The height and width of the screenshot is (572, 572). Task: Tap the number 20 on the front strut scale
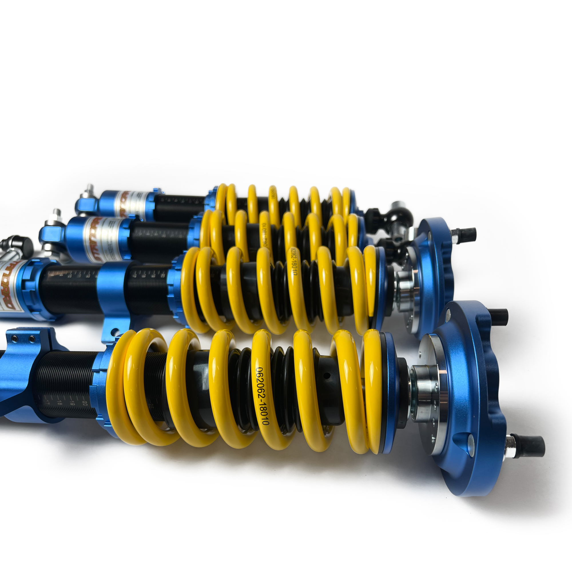coord(85,402)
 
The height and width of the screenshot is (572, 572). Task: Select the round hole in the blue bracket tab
coord(112,331)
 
